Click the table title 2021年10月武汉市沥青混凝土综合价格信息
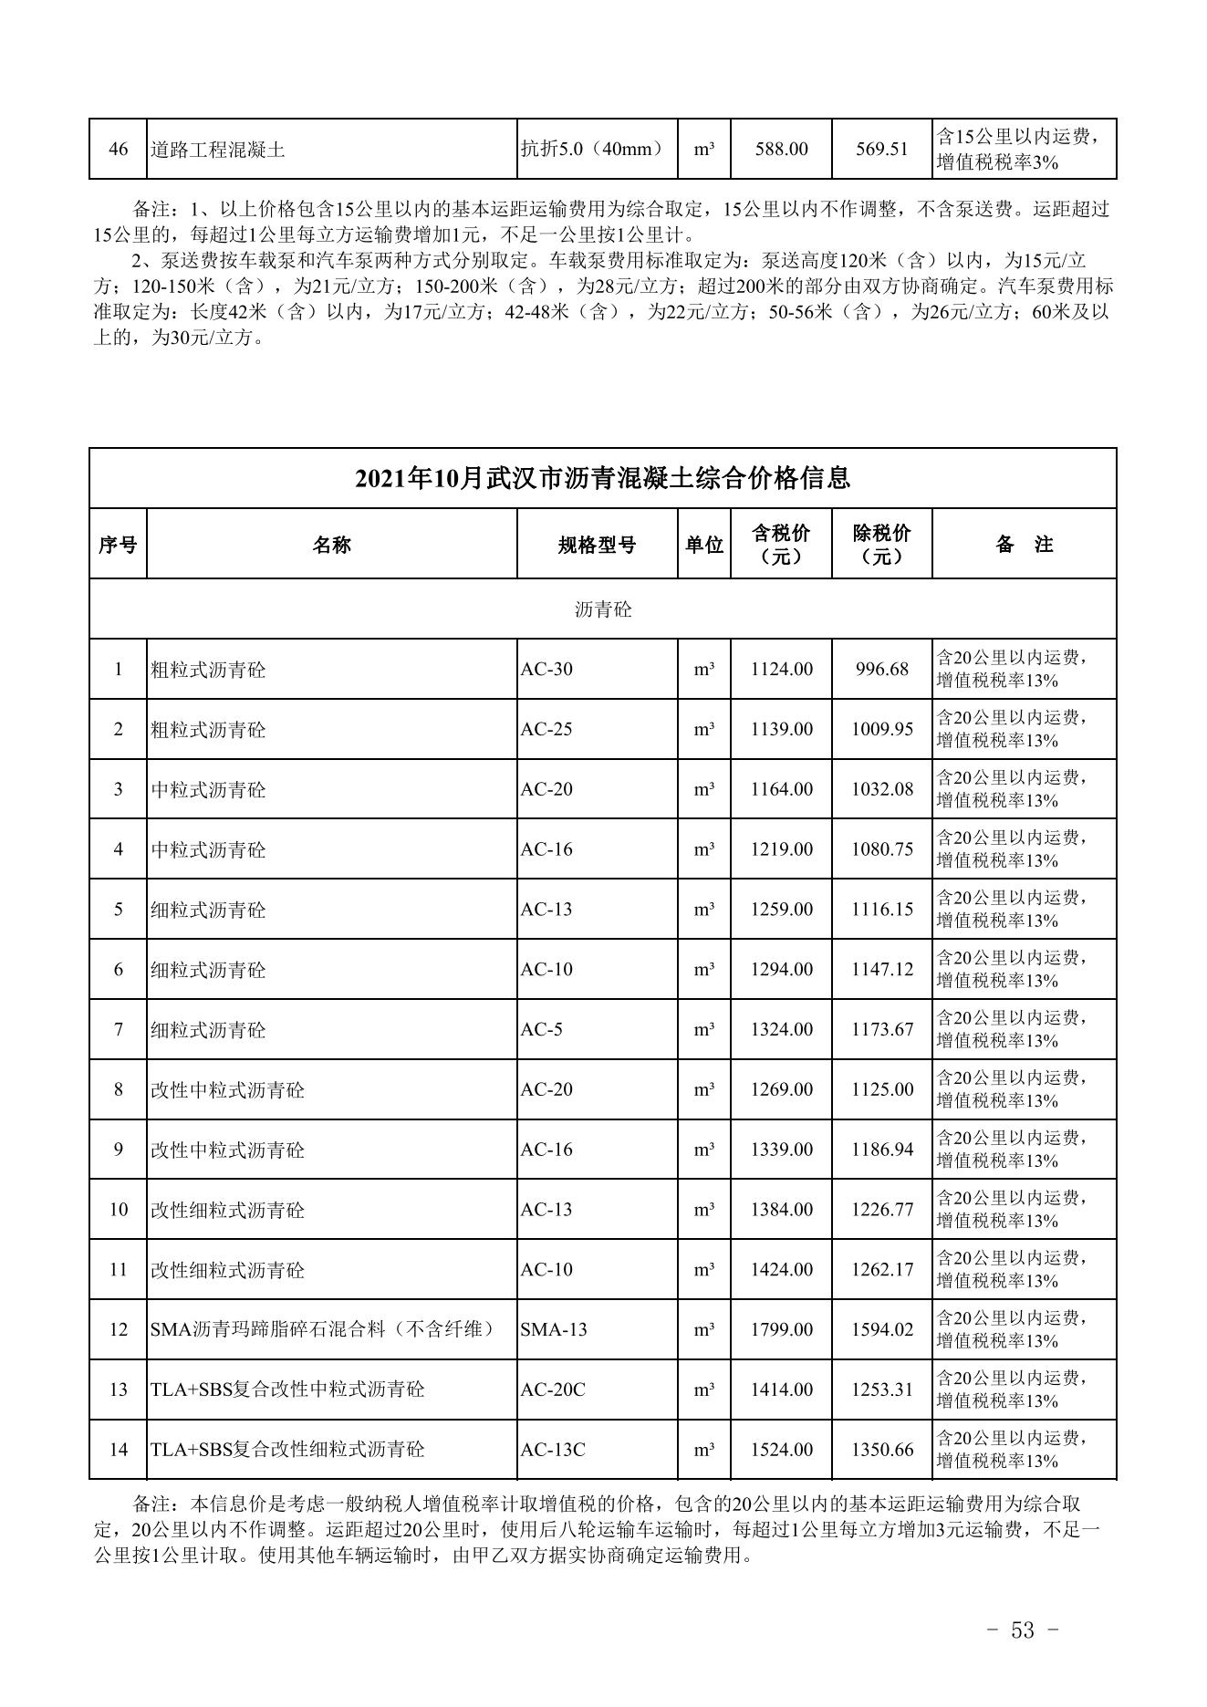pyautogui.click(x=602, y=478)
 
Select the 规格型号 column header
pyautogui.click(x=597, y=545)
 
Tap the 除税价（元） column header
pyautogui.click(x=881, y=544)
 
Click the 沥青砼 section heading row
pyautogui.click(x=602, y=609)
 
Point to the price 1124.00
pyautogui.click(x=781, y=670)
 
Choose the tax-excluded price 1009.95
pyautogui.click(x=881, y=730)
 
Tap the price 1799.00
pyautogui.click(x=781, y=1330)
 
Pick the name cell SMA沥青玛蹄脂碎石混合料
pyautogui.click(x=322, y=1330)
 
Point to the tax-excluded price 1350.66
pyautogui.click(x=881, y=1450)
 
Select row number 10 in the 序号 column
pyautogui.click(x=119, y=1210)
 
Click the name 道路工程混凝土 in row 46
pyautogui.click(x=218, y=149)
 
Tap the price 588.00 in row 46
pyautogui.click(x=781, y=149)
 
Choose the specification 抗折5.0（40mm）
pyautogui.click(x=592, y=149)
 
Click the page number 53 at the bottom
pyautogui.click(x=1023, y=1630)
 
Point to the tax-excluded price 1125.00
pyautogui.click(x=881, y=1090)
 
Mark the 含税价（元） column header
pyautogui.click(x=781, y=544)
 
